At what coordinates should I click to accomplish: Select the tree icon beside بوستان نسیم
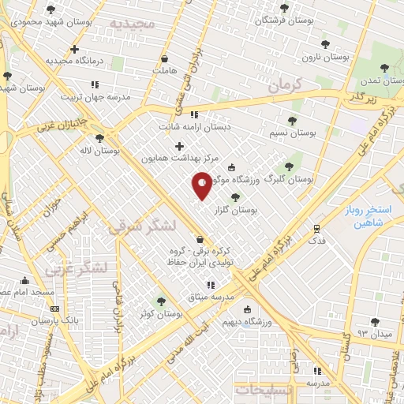tap(292, 121)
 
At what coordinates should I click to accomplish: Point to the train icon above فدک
tap(316, 228)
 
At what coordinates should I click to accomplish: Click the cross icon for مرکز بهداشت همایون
tap(179, 146)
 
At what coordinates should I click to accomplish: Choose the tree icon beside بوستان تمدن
tap(384, 68)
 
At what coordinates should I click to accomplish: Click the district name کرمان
tap(286, 86)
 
